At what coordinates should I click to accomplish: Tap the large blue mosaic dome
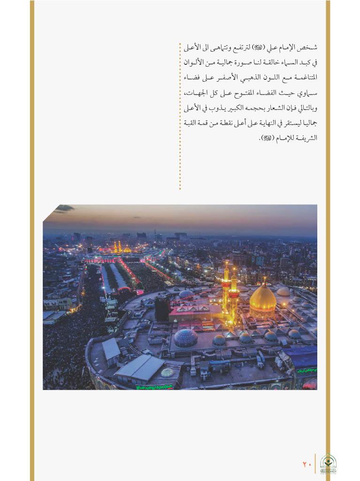coord(185,338)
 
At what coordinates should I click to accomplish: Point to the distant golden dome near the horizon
coord(127,249)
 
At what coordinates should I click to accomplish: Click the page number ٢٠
coord(307,464)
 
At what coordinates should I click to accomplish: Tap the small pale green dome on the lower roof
coord(167,372)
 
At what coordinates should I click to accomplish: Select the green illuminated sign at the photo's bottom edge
coord(154,387)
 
